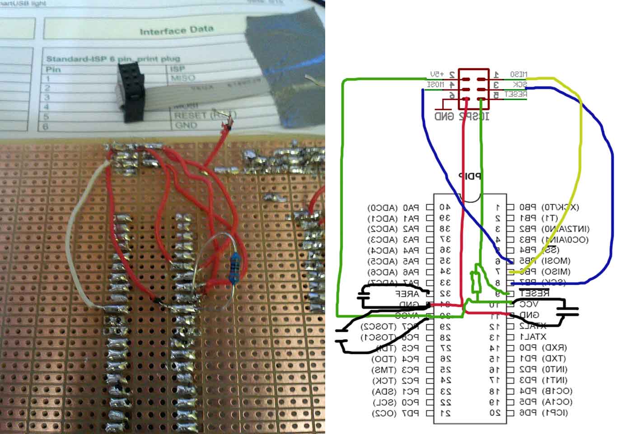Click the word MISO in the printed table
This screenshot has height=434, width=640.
[x=183, y=78]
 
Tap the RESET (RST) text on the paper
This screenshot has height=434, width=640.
[x=199, y=116]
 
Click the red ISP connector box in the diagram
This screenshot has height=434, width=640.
[x=474, y=89]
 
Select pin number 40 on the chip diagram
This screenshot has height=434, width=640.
[x=445, y=208]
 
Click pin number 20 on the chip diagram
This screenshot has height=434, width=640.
[x=495, y=413]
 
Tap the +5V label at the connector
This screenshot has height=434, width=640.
[x=437, y=74]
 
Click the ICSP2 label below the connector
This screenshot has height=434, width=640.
[x=475, y=117]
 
